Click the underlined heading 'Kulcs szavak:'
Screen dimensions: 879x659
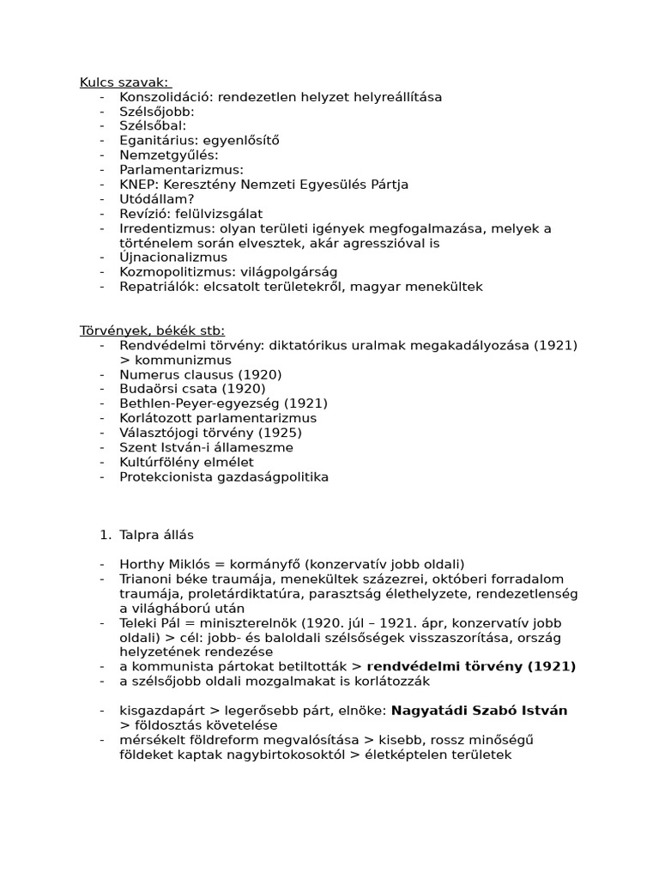click(125, 82)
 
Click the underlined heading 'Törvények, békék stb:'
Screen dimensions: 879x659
click(152, 330)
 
